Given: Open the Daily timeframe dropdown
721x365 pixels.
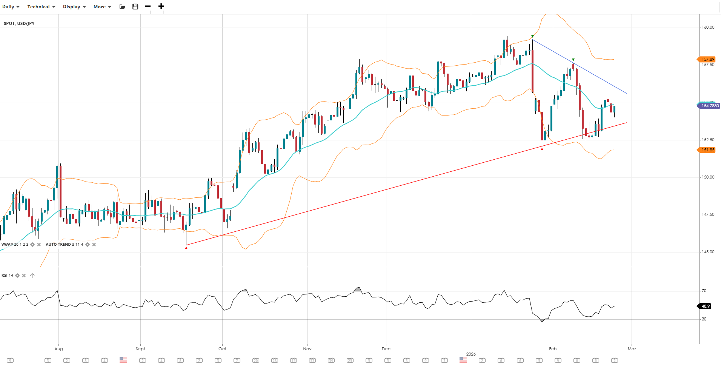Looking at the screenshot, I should coord(11,7).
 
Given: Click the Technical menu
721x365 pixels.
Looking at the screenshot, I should coord(41,7).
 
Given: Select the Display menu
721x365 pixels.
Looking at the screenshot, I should coord(74,7).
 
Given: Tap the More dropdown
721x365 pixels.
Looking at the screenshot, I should coord(102,7).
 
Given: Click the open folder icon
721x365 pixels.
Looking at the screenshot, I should coord(122,7).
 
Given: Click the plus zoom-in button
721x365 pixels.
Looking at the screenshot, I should coord(161,6).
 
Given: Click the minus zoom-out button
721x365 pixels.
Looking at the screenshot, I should coord(148,6).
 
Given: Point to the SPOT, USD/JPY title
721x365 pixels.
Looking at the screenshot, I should coord(19,23).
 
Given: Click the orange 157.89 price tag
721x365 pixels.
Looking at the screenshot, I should coord(707,59).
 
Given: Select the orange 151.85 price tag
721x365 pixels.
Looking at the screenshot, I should coord(707,150).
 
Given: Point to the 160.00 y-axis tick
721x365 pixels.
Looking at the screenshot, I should coord(708,27).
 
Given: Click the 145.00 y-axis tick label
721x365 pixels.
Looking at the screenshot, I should coord(708,252).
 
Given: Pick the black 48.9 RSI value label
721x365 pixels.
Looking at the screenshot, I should coord(705,306).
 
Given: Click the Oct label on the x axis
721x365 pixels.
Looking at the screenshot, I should coord(222,349).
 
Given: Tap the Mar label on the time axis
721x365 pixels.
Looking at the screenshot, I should coord(632,349).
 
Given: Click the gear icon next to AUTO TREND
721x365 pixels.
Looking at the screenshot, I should coord(88,245).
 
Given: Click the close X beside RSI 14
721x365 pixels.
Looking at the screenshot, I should coord(24,276).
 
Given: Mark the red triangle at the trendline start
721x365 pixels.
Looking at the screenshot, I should coord(186,248).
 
